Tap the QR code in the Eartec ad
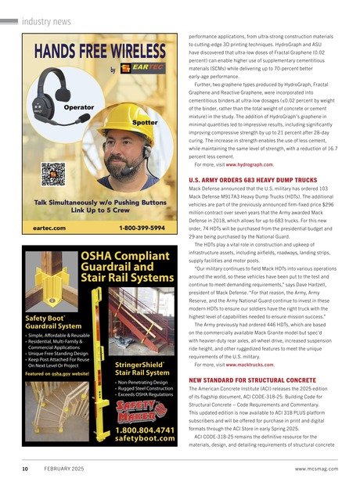[x=52, y=173]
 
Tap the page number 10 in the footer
[x=26, y=469]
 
